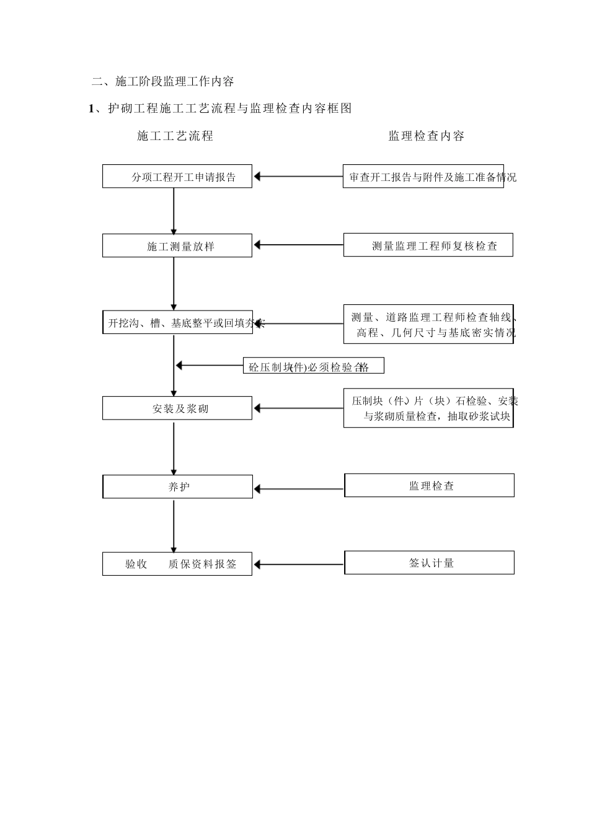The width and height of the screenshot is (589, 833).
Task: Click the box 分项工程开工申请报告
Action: tap(177, 176)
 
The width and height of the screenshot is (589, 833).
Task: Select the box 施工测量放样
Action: tap(177, 245)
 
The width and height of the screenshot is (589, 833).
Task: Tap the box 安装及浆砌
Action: tap(177, 408)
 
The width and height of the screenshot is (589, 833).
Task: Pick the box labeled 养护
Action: tap(177, 487)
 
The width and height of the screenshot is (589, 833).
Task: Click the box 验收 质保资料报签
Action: tap(177, 564)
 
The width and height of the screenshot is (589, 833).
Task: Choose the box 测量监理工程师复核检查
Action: tap(428, 245)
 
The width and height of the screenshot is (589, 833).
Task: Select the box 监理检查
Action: tap(429, 485)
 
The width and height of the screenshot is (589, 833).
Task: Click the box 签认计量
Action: tap(429, 563)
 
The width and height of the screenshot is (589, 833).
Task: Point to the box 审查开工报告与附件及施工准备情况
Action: tap(423, 176)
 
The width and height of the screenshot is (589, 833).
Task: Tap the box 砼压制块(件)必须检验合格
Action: tap(313, 366)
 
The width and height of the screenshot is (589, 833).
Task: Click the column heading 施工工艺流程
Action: tap(175, 136)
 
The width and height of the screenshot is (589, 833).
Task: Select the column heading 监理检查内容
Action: tap(426, 136)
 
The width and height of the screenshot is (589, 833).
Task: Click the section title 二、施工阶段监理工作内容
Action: tap(162, 81)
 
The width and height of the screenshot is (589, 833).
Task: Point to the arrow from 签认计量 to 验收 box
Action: tap(298, 565)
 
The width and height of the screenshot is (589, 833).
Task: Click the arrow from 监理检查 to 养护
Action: tap(298, 489)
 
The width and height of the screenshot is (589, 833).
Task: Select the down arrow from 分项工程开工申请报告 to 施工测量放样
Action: tap(174, 211)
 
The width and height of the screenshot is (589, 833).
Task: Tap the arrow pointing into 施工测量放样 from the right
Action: tap(298, 245)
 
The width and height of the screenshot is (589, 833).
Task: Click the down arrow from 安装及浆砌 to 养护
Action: tap(174, 447)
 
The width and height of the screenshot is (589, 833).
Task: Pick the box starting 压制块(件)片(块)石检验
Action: tap(428, 408)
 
